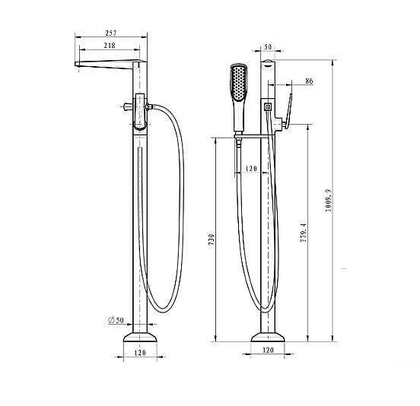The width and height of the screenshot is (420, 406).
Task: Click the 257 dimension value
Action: (x=111, y=33)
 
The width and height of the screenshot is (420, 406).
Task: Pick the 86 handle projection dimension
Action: (x=308, y=80)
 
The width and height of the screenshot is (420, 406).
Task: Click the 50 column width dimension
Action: (x=267, y=47)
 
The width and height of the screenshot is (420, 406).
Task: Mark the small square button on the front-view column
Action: (x=267, y=108)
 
